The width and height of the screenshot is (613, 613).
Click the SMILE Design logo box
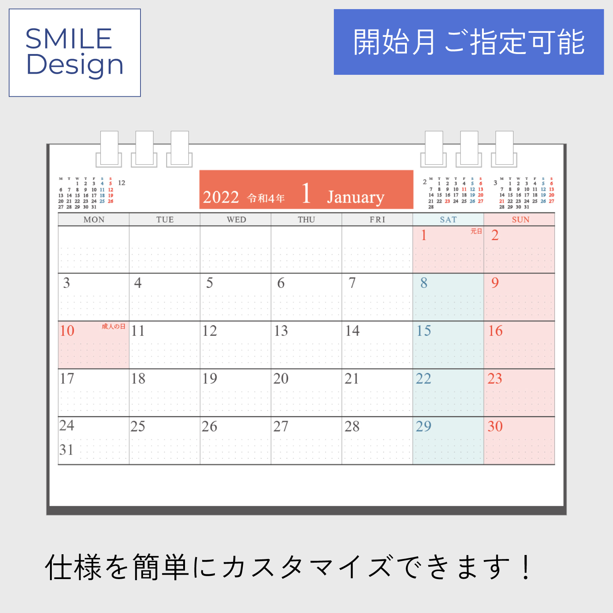tap(75, 53)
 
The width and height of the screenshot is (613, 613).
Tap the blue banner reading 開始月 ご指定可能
tap(469, 42)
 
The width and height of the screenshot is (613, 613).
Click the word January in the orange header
tap(356, 197)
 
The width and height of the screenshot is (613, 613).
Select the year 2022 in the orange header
tap(221, 197)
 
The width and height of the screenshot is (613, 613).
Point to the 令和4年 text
tap(266, 198)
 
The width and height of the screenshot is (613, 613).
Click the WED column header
tap(236, 220)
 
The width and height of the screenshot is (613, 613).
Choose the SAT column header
tap(448, 220)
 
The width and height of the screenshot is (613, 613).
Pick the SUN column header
tap(520, 220)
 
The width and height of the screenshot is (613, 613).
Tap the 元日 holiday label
tap(476, 231)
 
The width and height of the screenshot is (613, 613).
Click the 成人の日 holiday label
tap(113, 327)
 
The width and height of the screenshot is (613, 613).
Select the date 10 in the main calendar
tap(67, 331)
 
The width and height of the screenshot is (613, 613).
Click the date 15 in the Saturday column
tap(424, 331)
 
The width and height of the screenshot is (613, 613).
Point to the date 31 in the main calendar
tap(67, 450)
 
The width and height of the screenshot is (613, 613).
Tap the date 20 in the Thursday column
tap(281, 379)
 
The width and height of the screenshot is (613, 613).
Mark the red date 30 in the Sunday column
tap(495, 427)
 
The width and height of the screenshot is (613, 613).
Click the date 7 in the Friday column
tap(352, 283)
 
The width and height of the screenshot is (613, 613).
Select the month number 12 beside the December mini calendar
tap(122, 183)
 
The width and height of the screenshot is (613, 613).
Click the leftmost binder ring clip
tap(109, 149)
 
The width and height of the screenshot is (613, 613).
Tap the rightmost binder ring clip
tap(504, 149)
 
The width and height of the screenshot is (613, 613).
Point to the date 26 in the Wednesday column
tap(209, 427)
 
